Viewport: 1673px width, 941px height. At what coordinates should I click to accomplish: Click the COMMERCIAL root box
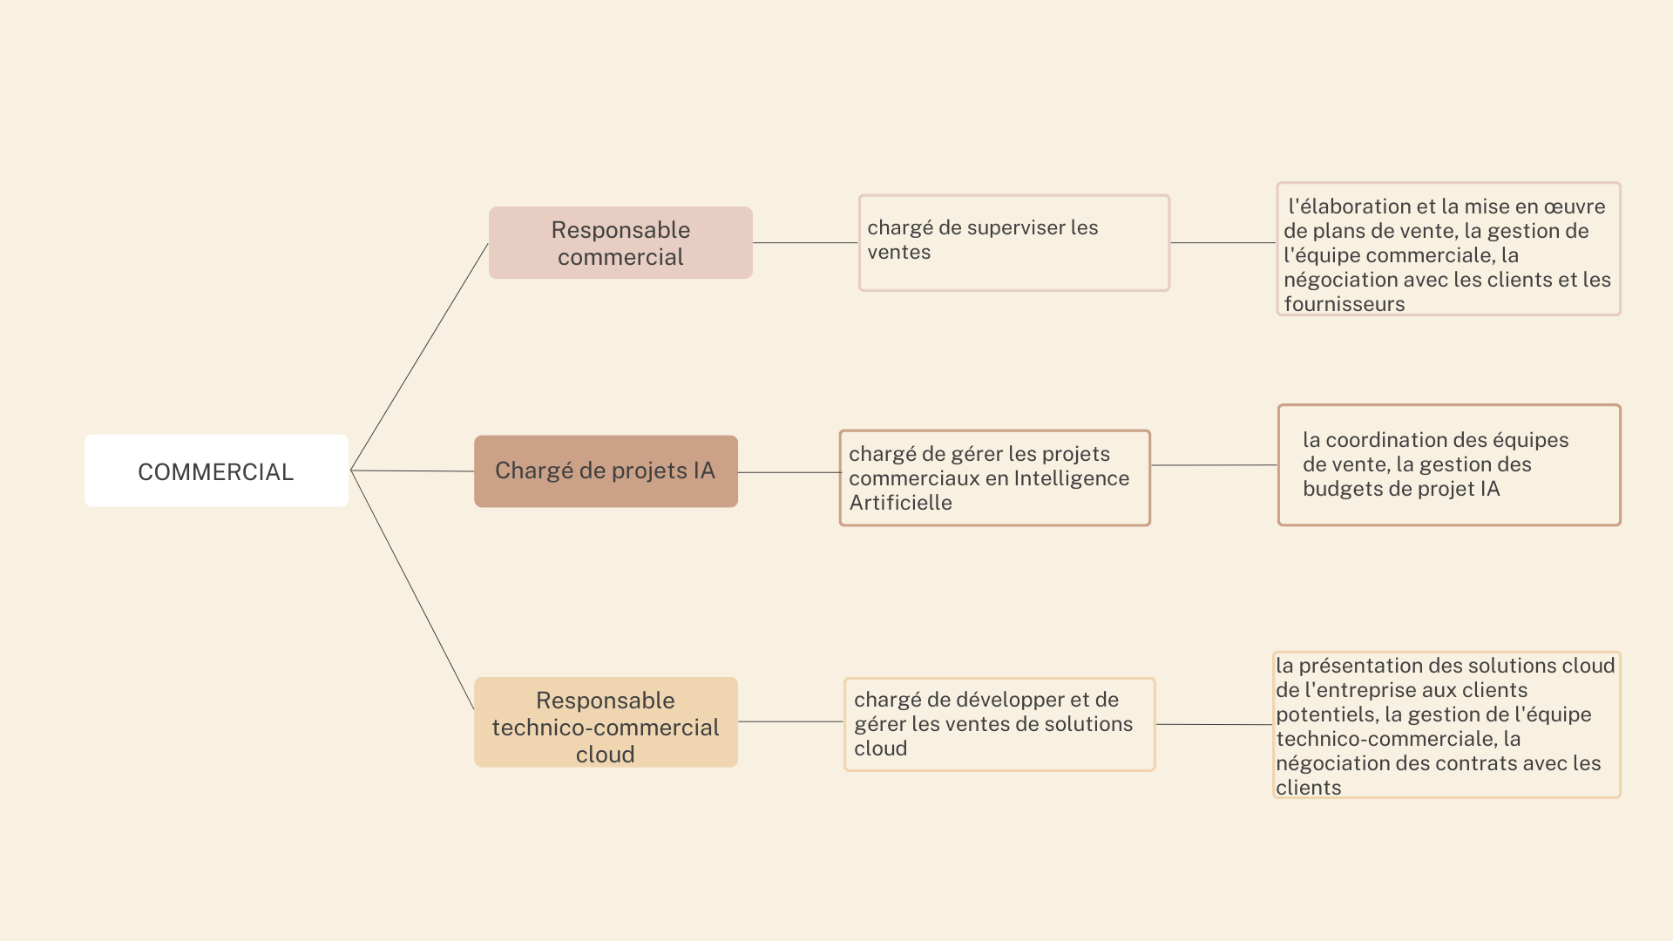216,470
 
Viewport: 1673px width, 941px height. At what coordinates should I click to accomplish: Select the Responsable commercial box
620,242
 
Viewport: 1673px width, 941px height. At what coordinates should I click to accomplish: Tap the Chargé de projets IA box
606,471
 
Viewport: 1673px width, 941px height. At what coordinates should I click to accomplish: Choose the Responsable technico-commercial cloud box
606,722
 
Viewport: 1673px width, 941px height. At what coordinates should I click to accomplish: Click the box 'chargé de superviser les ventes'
1014,243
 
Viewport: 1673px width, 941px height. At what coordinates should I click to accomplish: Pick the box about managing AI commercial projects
995,477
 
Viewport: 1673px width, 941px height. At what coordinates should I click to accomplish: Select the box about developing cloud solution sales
999,724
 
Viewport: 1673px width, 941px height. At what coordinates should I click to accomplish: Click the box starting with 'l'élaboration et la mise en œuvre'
1448,249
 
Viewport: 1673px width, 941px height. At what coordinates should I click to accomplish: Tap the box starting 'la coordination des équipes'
1449,465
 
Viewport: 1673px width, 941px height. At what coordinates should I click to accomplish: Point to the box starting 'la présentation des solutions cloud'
1446,725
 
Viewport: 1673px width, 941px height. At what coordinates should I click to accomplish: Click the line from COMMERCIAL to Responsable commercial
419,356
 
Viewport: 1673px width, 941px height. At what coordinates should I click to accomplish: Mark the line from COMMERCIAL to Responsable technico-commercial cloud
412,590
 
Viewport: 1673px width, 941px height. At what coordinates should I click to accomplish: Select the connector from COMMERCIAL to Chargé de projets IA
412,470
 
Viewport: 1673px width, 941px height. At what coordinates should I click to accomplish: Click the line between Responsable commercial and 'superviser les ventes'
805,243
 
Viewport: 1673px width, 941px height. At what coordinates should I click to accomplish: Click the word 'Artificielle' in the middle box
900,503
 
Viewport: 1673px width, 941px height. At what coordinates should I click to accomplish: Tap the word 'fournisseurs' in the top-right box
1344,304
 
